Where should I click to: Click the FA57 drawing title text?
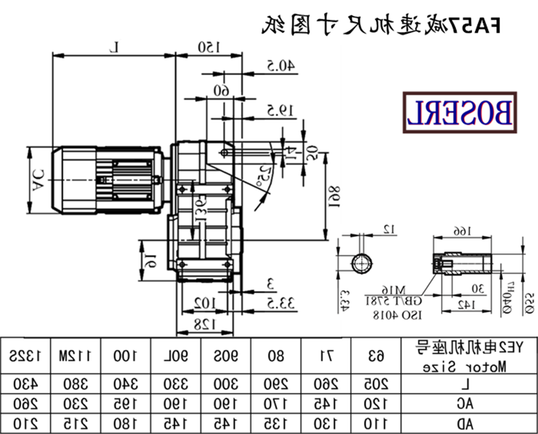381,25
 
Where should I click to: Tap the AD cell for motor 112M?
76,423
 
